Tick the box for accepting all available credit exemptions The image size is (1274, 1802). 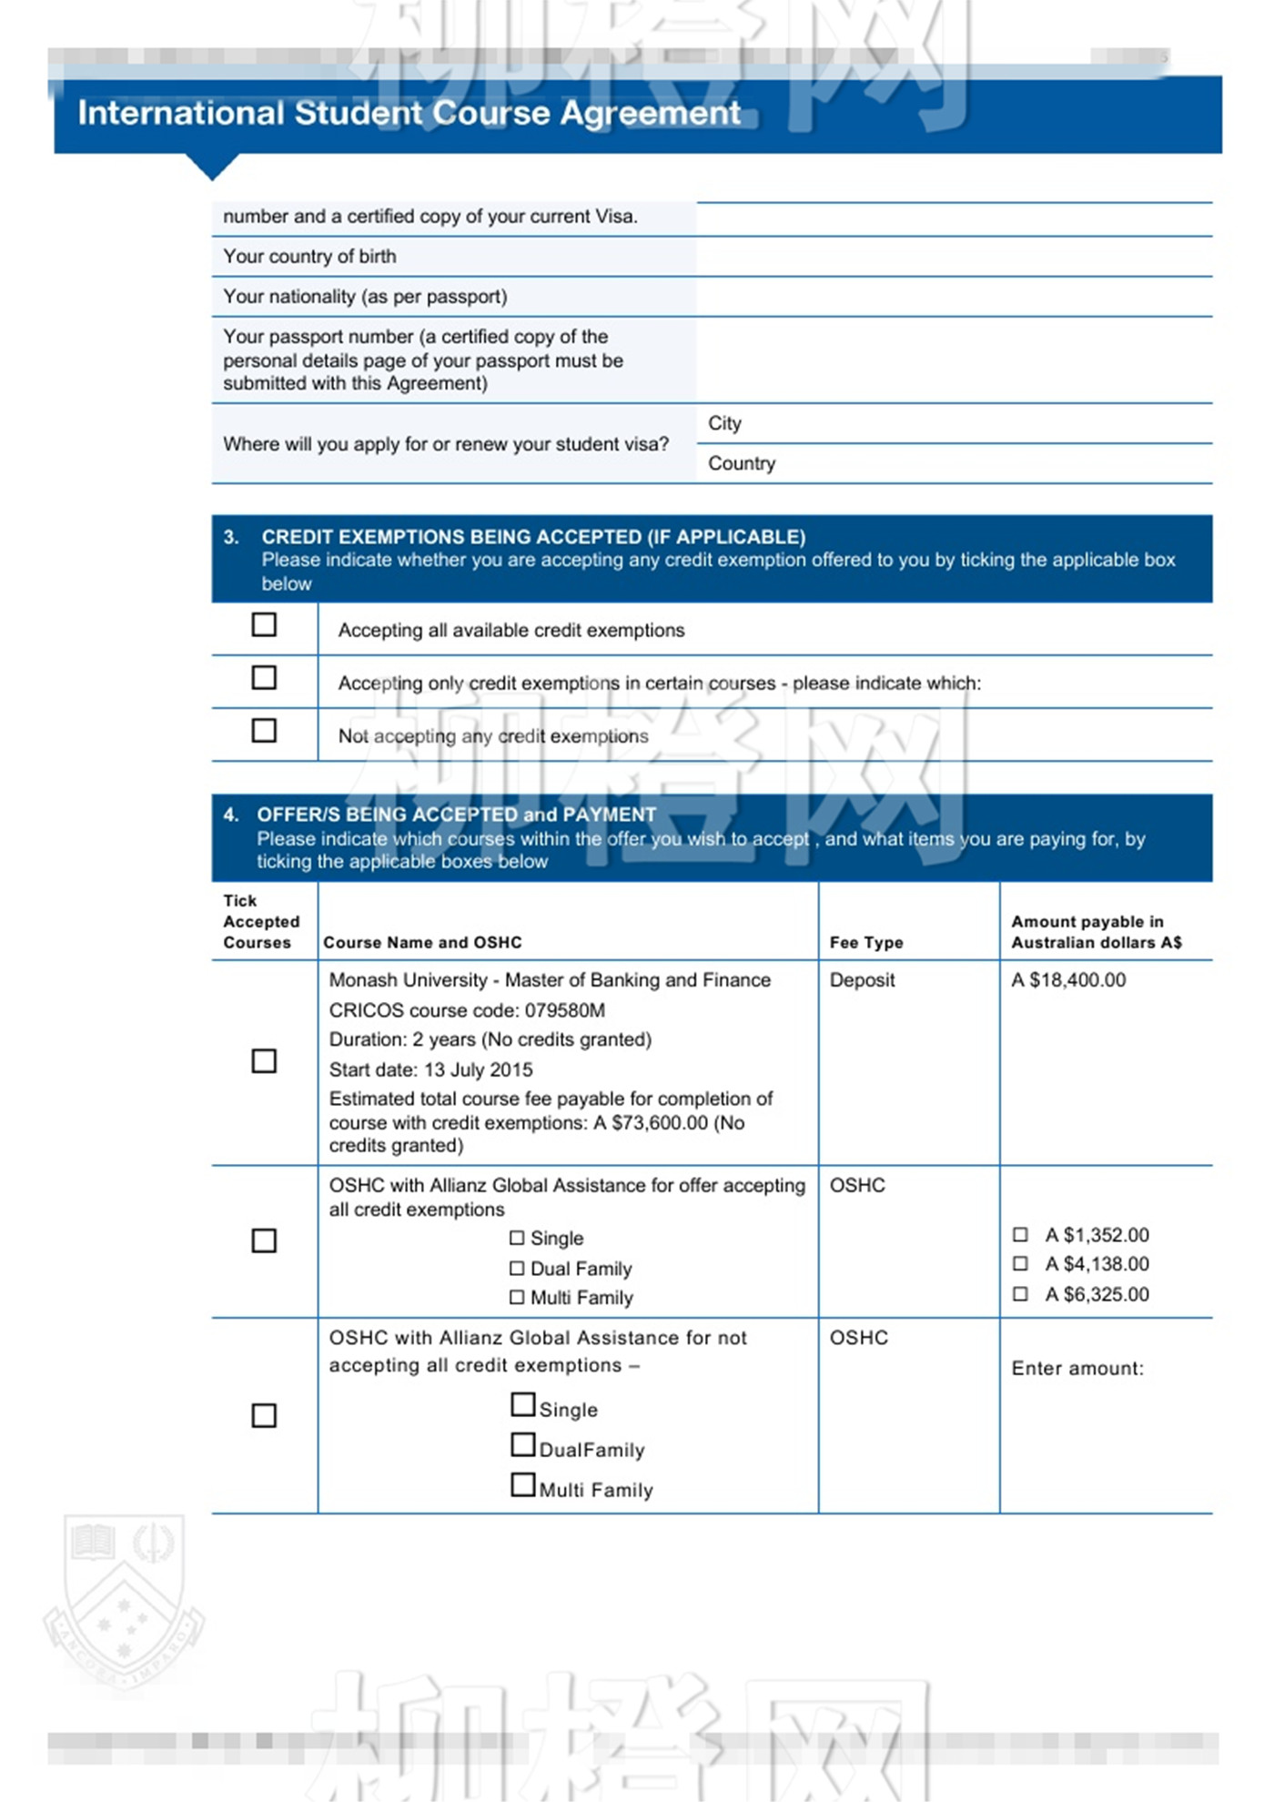(264, 624)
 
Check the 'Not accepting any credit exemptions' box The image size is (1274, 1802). (264, 731)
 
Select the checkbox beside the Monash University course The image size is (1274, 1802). (264, 1061)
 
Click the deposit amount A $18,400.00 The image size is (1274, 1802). (1068, 980)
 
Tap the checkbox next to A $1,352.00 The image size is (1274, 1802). (1021, 1235)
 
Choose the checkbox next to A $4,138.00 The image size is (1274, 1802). (1021, 1264)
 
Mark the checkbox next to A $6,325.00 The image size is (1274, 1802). (1021, 1294)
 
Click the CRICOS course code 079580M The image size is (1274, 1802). (565, 1010)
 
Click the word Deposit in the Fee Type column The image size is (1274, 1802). (862, 980)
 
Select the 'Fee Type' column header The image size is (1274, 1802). (866, 943)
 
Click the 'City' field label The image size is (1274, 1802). (724, 423)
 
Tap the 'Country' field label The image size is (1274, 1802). (742, 463)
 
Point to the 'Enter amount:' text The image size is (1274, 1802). (1077, 1369)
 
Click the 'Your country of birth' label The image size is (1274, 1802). (309, 257)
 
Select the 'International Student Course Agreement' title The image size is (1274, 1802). (409, 113)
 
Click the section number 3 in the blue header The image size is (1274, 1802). (230, 537)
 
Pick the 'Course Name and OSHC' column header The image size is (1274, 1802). (423, 943)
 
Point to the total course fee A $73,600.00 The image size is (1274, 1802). (651, 1123)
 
